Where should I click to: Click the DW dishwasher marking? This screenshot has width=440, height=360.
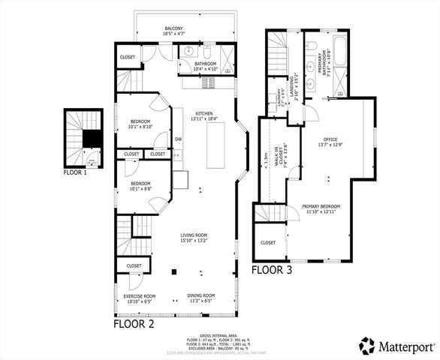click(x=178, y=139)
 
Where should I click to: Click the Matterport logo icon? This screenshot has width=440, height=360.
click(x=366, y=346)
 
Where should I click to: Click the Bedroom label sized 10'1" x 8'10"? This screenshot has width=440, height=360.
click(x=140, y=124)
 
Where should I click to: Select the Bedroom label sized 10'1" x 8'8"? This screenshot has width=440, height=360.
click(x=140, y=186)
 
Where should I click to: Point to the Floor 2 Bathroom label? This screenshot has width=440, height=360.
click(x=205, y=66)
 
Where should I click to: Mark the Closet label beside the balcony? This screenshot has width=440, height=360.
click(x=127, y=57)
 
